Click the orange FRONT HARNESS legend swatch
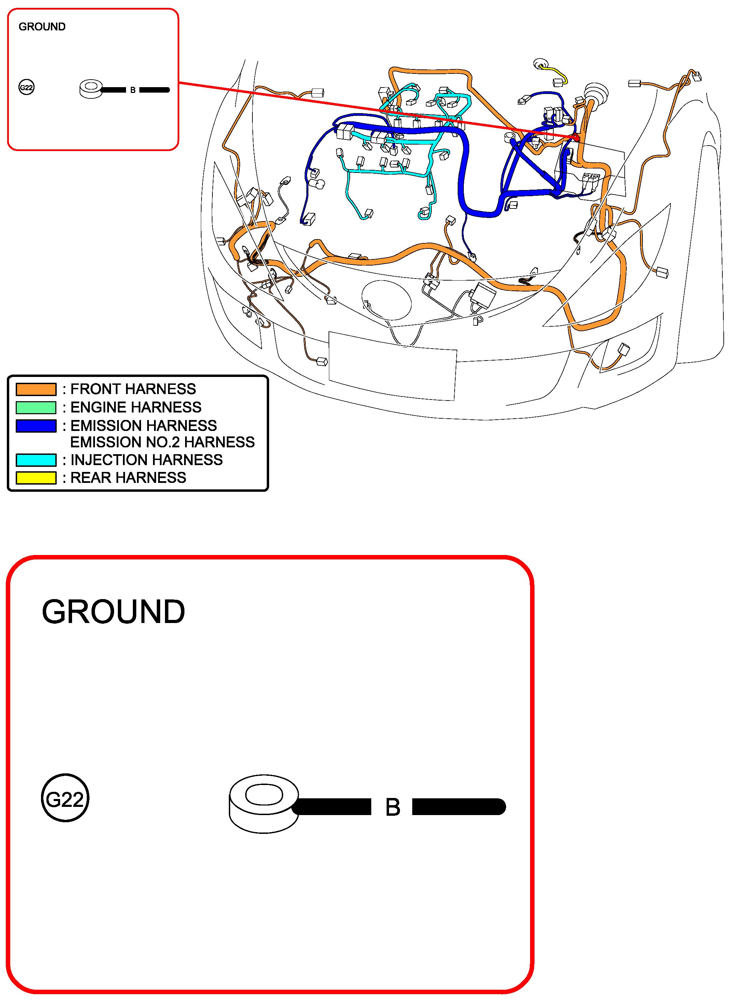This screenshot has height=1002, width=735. coord(36,389)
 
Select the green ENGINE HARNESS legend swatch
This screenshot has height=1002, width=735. coord(36,407)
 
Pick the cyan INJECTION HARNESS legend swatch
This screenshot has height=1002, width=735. coord(36,460)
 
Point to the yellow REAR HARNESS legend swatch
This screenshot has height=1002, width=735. coord(36,478)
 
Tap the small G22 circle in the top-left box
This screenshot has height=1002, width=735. coord(26,87)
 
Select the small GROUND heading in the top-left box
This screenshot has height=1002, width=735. coord(42,27)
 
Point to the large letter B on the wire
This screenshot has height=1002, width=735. coord(392,808)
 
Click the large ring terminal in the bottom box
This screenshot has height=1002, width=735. coord(264,805)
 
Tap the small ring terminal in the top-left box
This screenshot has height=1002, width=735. coord(91,89)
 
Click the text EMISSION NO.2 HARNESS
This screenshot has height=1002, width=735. coord(162,442)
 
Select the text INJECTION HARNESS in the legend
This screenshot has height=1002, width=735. coord(147,460)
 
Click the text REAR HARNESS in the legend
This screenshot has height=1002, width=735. coord(128,478)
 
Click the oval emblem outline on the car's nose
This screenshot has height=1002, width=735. coord(386,300)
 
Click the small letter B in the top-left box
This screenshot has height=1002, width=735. coord(133,90)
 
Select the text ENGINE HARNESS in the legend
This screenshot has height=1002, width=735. coord(136,407)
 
